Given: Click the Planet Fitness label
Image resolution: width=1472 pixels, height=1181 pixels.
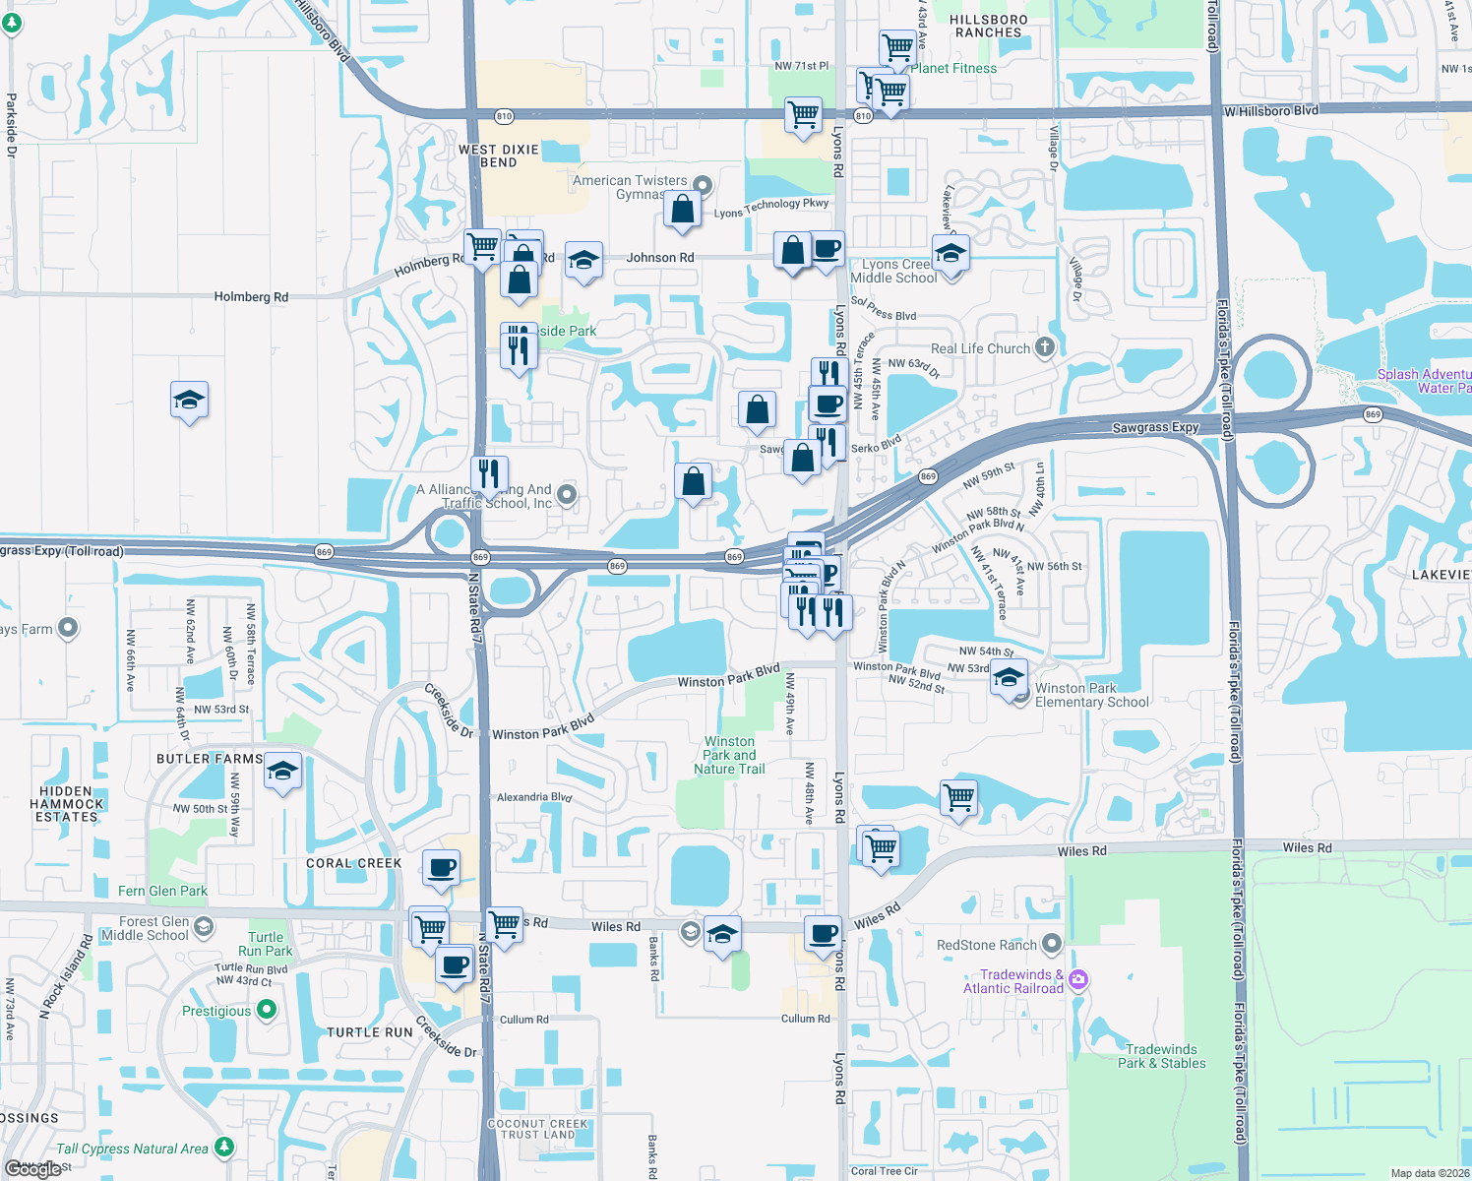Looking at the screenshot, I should pyautogui.click(x=953, y=68).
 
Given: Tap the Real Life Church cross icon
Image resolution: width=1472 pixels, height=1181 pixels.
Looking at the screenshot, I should pyautogui.click(x=1045, y=346).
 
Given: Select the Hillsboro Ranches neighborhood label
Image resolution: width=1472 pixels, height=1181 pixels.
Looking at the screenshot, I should pyautogui.click(x=989, y=26).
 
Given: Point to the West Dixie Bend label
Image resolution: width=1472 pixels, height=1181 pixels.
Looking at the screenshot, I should pyautogui.click(x=499, y=155).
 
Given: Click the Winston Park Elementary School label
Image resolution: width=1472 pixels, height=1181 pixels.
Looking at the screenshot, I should pyautogui.click(x=1091, y=695).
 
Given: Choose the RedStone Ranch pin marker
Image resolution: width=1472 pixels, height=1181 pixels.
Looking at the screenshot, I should pyautogui.click(x=1052, y=944).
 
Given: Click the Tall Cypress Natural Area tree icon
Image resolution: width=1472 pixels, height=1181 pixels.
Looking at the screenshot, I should pyautogui.click(x=224, y=1147).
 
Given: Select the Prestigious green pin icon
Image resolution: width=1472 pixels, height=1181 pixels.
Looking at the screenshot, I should pyautogui.click(x=266, y=1010).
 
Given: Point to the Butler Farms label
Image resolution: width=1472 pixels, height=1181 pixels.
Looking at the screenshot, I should pyautogui.click(x=210, y=759).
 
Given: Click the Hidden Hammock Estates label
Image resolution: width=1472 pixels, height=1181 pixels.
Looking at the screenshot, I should pyautogui.click(x=66, y=804).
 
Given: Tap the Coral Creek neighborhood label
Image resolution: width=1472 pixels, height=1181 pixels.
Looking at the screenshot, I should pyautogui.click(x=353, y=863).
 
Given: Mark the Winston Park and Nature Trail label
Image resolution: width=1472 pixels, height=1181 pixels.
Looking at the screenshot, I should pyautogui.click(x=729, y=755).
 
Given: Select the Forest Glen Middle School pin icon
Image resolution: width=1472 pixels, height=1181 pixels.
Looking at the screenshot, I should pyautogui.click(x=204, y=926).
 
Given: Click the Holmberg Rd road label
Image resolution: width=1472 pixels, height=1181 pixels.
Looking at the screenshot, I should pyautogui.click(x=251, y=296).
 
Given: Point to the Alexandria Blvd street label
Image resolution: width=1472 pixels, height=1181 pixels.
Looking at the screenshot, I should pyautogui.click(x=533, y=797).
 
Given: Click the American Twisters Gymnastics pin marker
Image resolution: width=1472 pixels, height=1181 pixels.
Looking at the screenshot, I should pyautogui.click(x=703, y=184).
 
